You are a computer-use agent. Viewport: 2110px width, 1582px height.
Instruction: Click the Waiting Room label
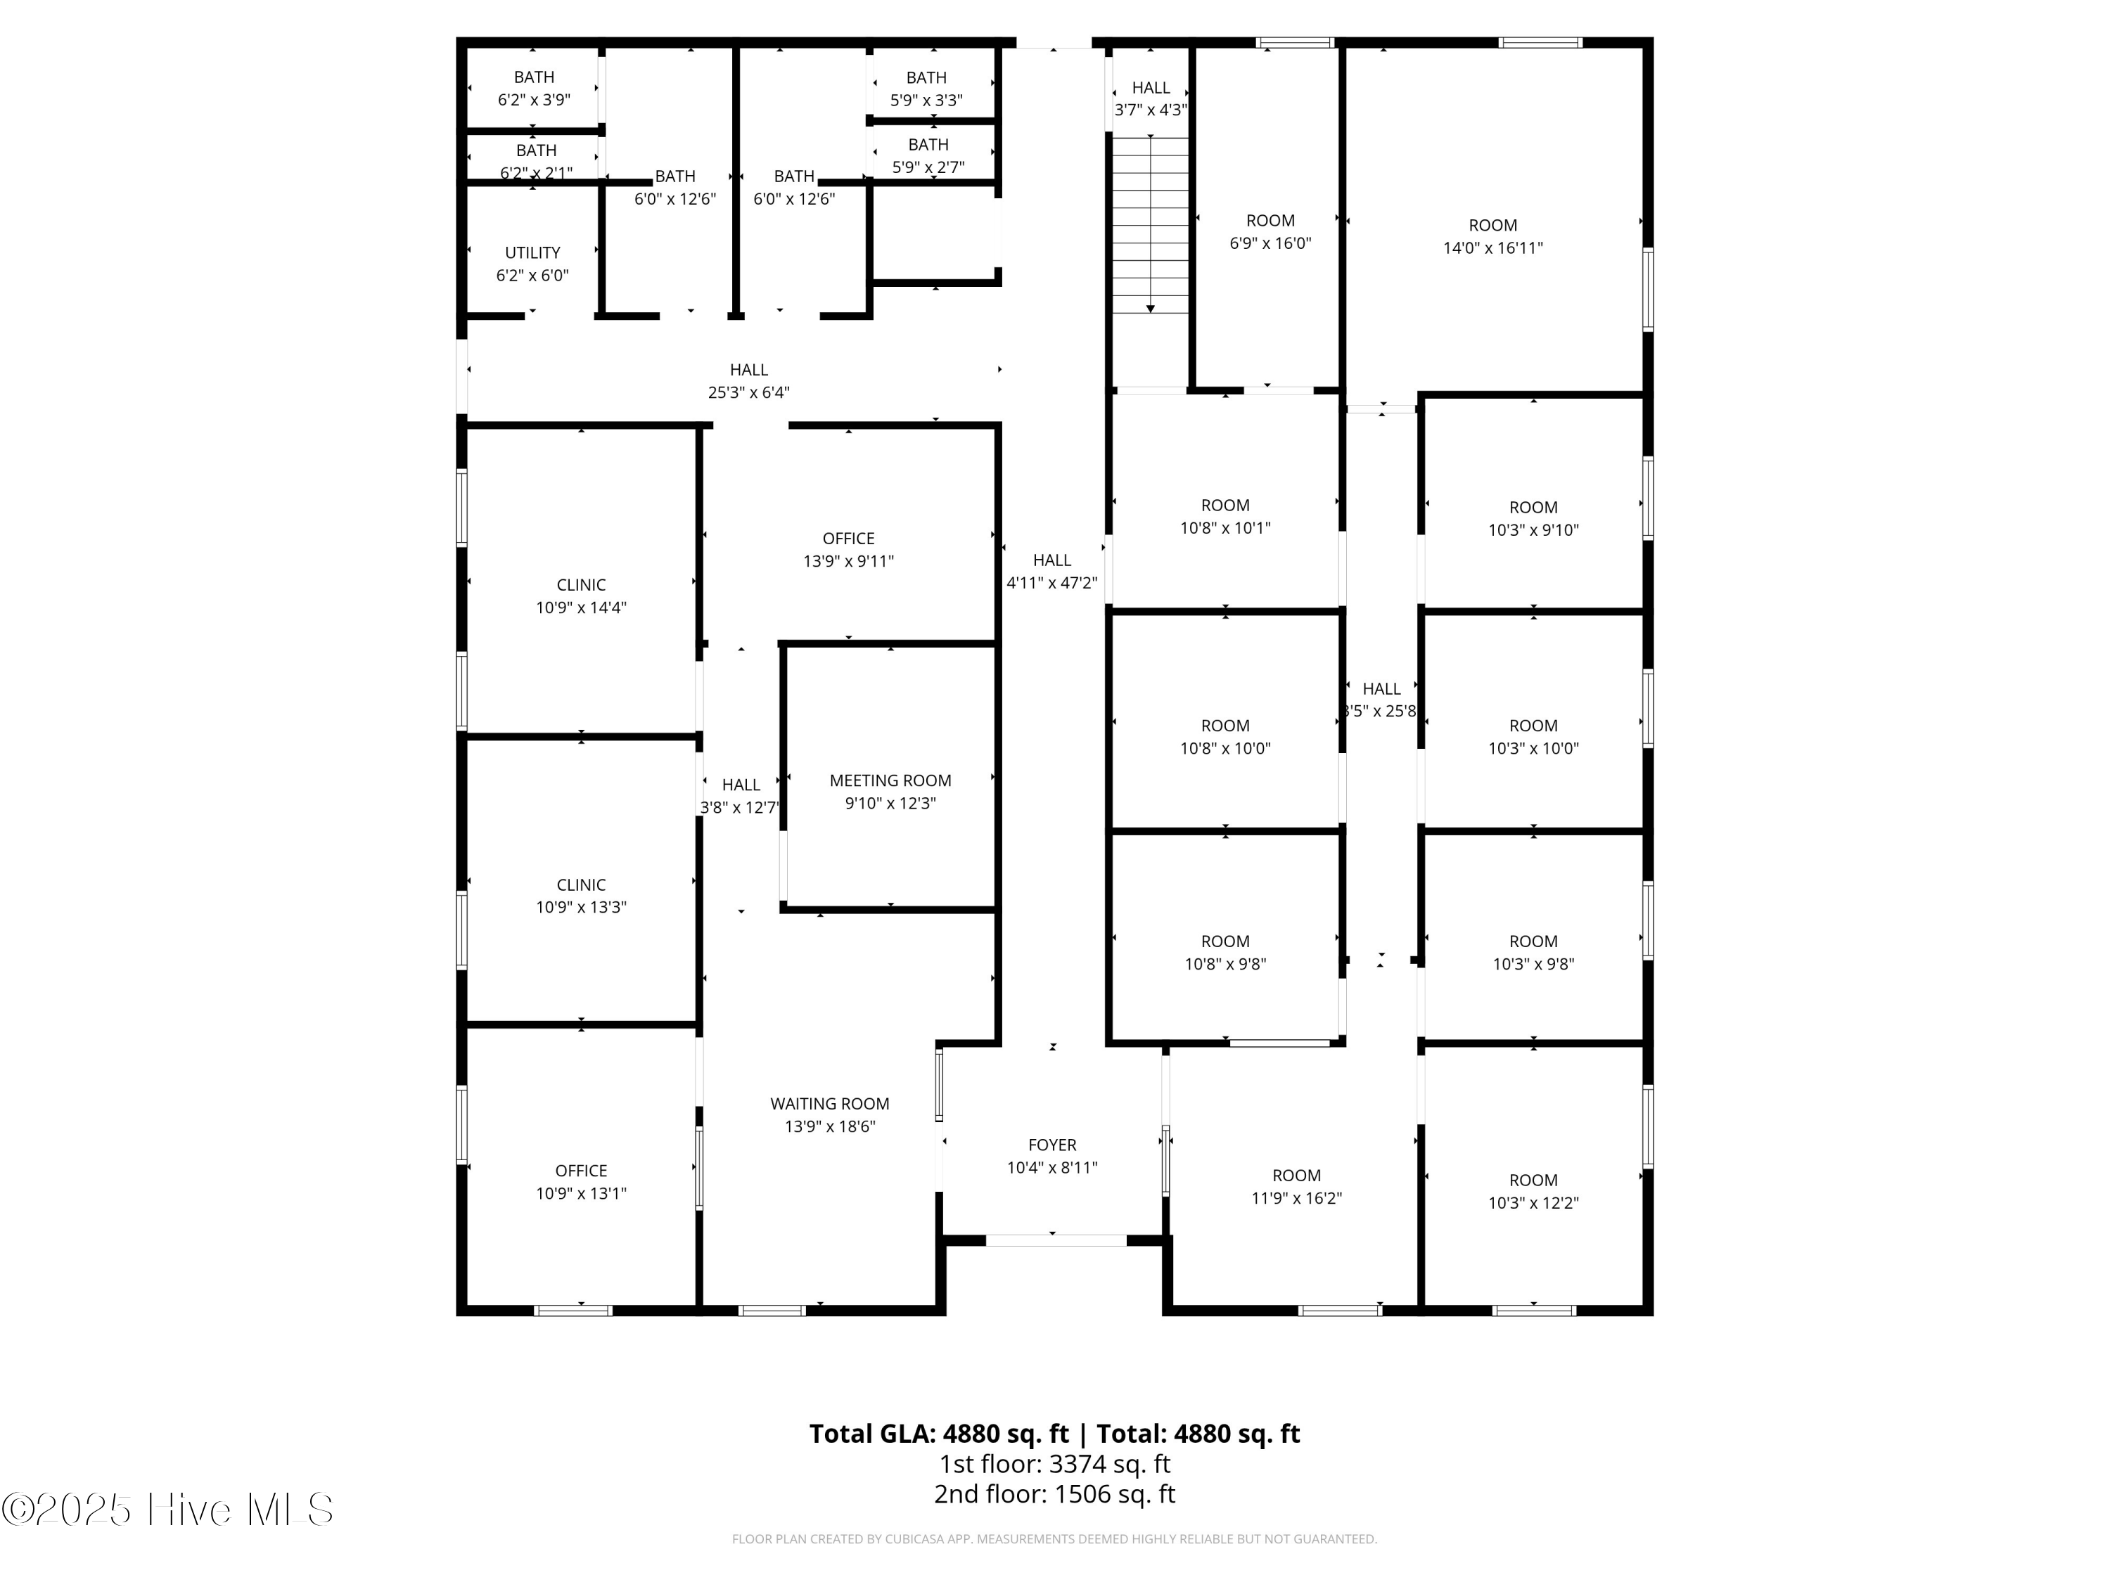pos(830,1103)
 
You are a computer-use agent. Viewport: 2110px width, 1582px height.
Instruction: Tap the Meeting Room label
pos(890,780)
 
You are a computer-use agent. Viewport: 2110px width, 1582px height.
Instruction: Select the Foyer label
pos(1052,1144)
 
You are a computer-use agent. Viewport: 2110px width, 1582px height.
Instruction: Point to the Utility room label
pos(532,252)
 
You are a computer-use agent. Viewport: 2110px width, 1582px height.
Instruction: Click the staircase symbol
pos(1151,225)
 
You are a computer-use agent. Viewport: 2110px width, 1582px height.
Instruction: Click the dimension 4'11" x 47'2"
pos(1052,583)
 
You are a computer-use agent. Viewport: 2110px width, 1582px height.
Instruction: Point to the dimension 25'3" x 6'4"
pos(749,392)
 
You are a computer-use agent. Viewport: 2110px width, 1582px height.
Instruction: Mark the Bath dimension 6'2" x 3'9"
pos(534,99)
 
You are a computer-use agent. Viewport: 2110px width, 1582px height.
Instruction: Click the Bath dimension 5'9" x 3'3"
pos(926,100)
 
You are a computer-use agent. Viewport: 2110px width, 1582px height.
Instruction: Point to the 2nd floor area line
pos(1054,1493)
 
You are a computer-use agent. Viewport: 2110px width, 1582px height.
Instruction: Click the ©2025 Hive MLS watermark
pos(168,1510)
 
